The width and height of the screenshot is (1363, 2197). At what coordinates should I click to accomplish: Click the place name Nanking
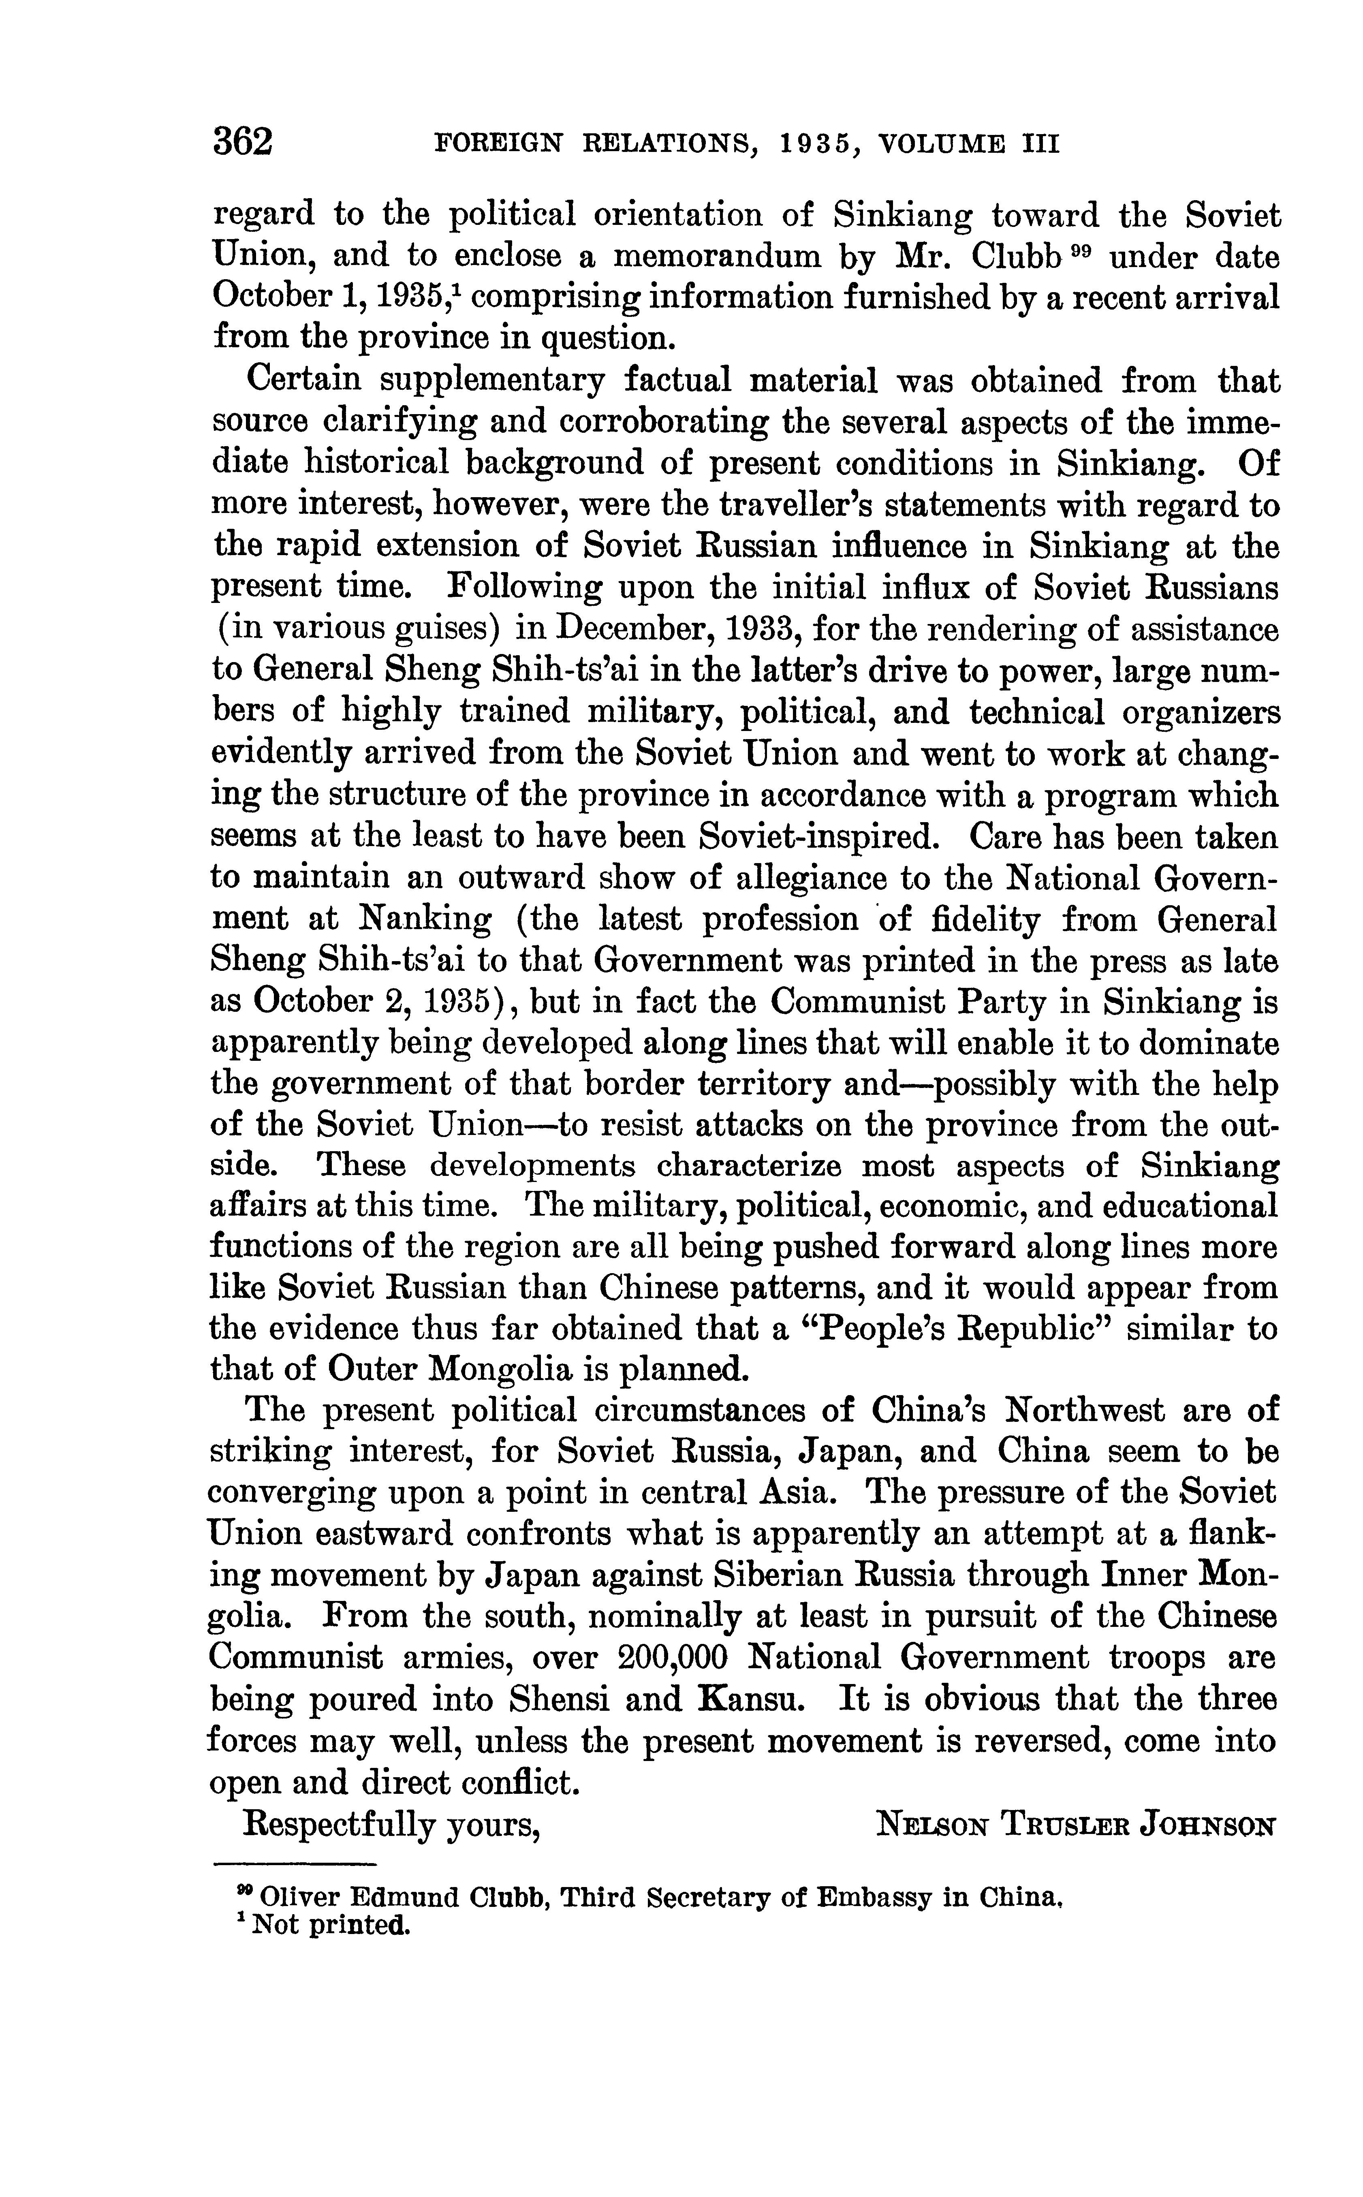[x=425, y=919]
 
